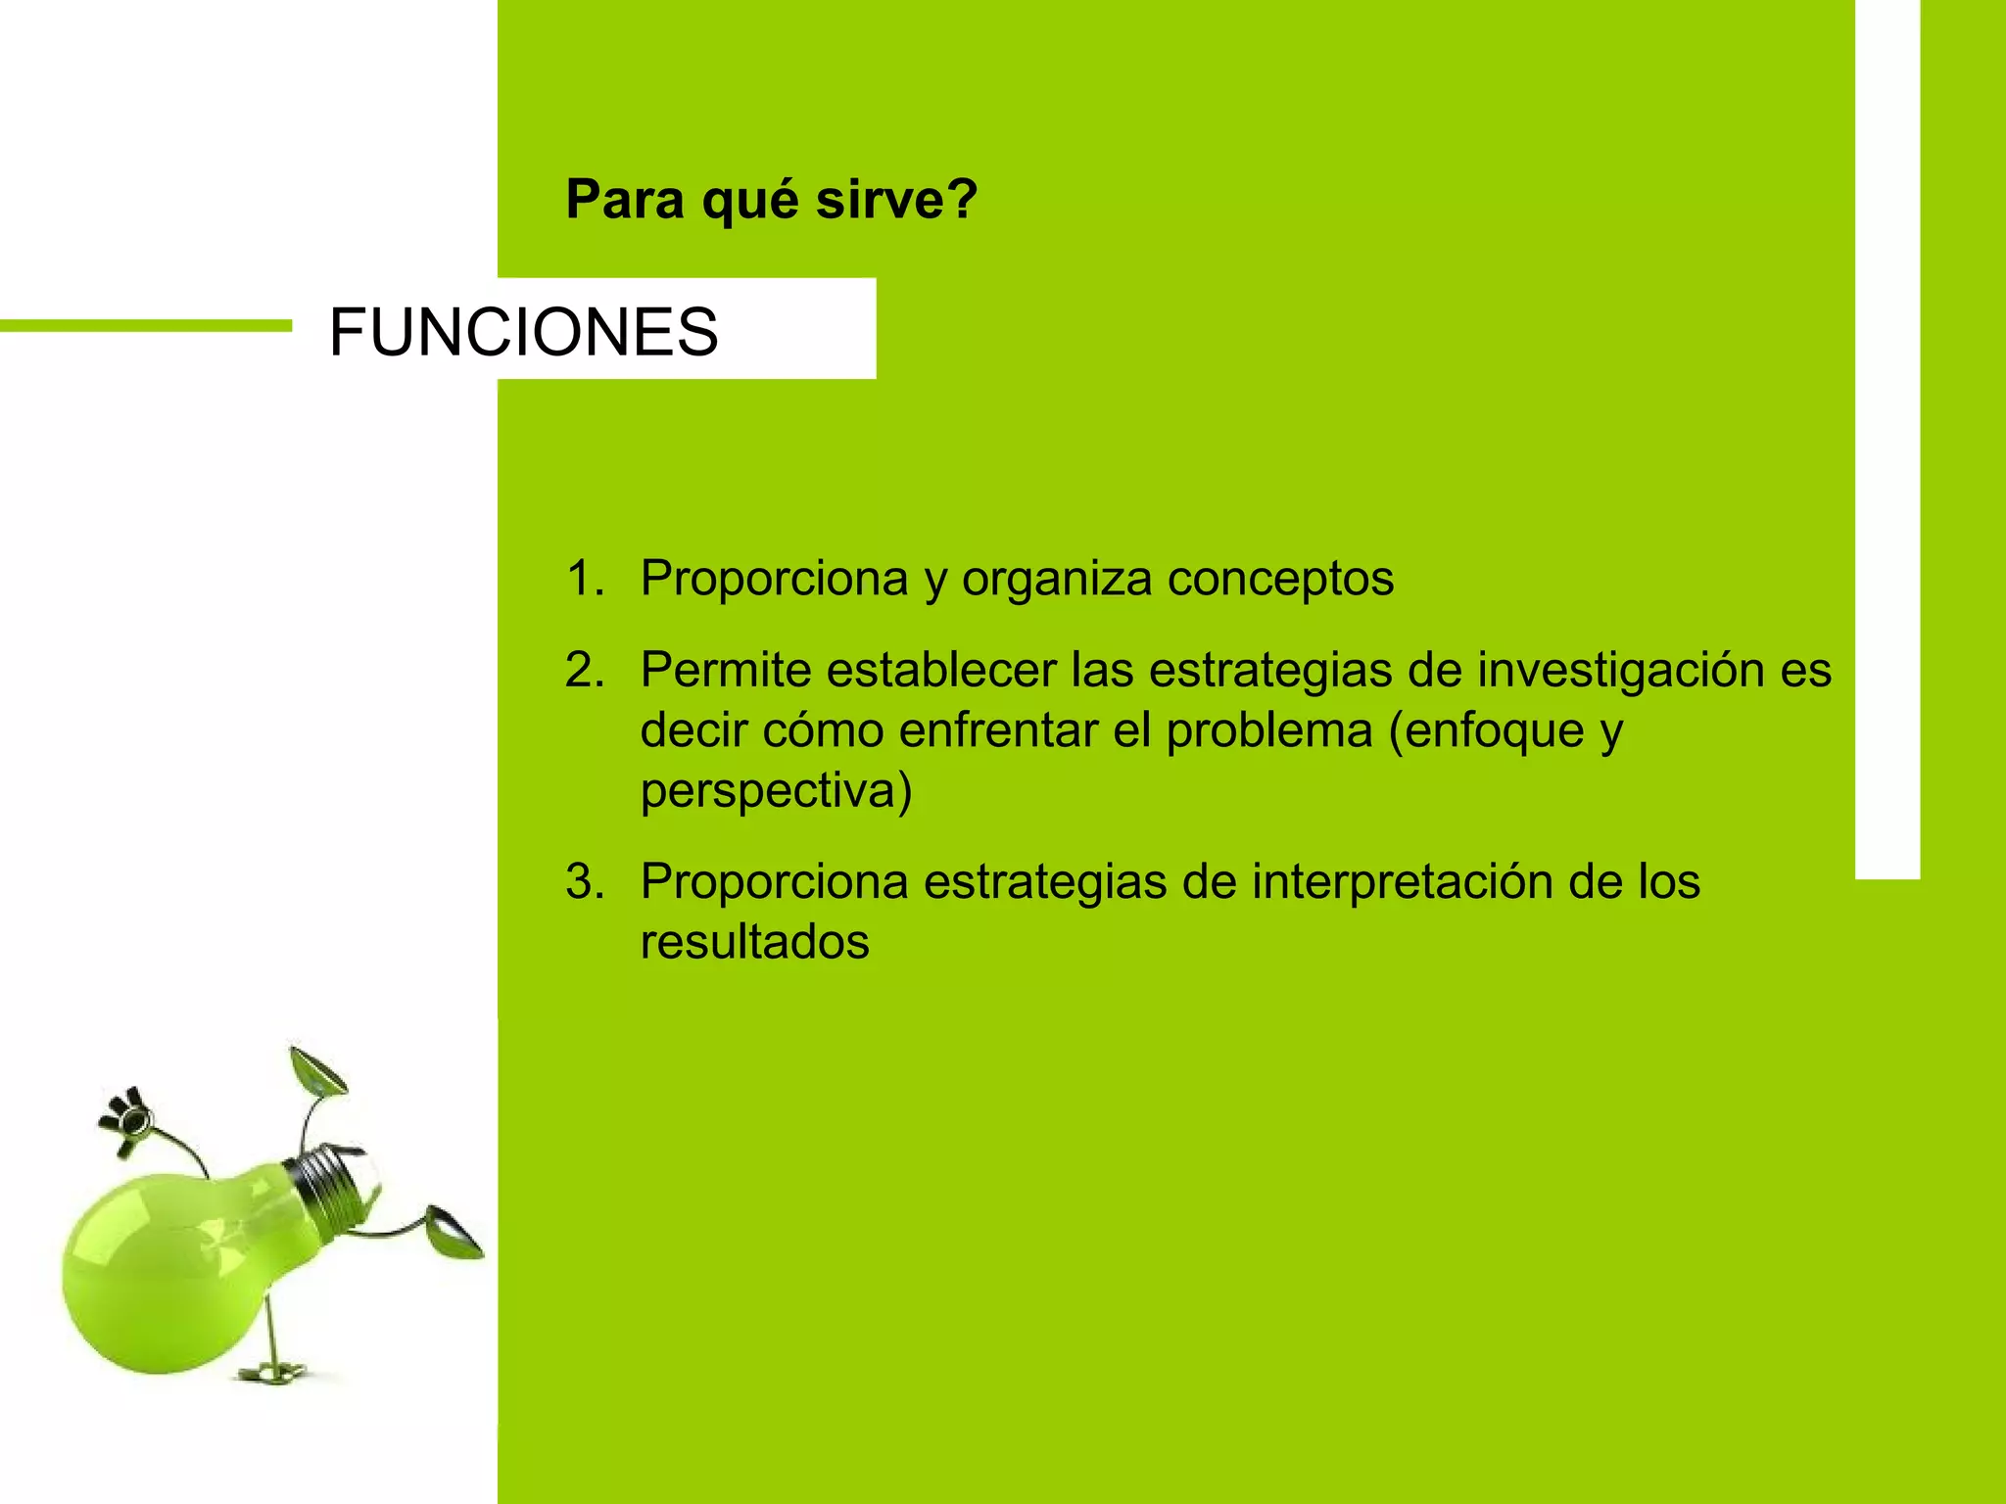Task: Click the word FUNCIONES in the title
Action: pyautogui.click(x=524, y=332)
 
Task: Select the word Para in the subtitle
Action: pyautogui.click(x=625, y=200)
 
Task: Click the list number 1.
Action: pyautogui.click(x=585, y=578)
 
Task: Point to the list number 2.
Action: pyautogui.click(x=585, y=671)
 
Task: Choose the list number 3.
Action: pyautogui.click(x=585, y=881)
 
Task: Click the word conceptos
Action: pyautogui.click(x=1280, y=578)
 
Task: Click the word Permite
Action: pyautogui.click(x=726, y=671)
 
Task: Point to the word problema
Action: pyautogui.click(x=1269, y=731)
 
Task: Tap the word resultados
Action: pyautogui.click(x=754, y=942)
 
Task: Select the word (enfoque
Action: pyautogui.click(x=1487, y=731)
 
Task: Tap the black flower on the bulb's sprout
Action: pyautogui.click(x=127, y=1117)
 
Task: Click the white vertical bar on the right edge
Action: pyautogui.click(x=1887, y=441)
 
